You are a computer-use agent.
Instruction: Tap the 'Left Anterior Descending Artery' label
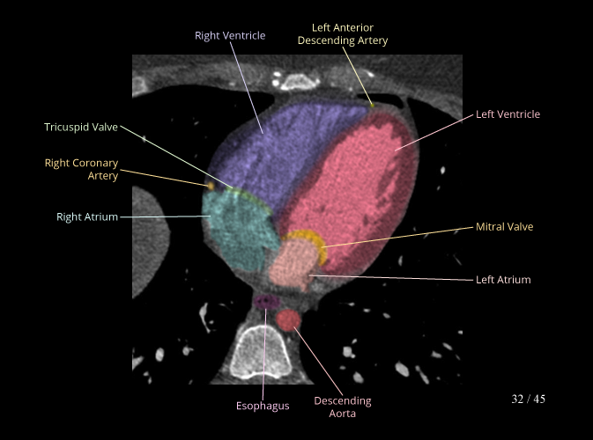pos(343,34)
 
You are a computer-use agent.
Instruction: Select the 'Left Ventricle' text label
pos(508,114)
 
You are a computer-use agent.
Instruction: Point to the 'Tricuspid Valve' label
pos(81,128)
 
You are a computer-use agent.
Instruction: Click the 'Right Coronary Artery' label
pos(81,169)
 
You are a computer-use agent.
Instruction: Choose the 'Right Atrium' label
pos(87,216)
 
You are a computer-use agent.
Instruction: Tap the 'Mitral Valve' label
pos(504,227)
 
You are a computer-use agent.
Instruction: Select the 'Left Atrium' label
pos(503,280)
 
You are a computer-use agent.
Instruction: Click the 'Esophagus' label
pos(263,406)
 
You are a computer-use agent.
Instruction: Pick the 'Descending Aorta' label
pos(343,407)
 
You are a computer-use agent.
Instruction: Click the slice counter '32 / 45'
pos(528,400)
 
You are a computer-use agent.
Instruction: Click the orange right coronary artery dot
pos(211,186)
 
